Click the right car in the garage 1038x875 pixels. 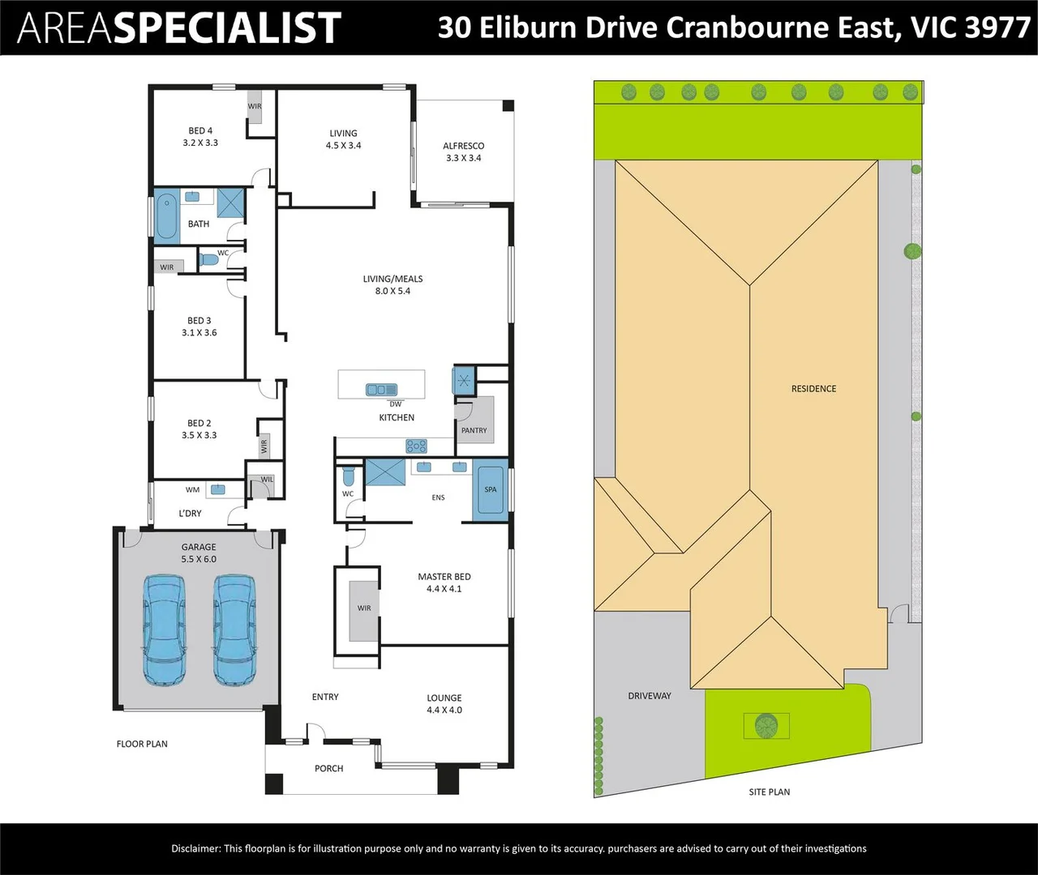click(234, 630)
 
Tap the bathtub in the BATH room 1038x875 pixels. click(167, 216)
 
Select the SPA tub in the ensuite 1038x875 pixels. click(490, 489)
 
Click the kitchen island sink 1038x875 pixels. click(380, 390)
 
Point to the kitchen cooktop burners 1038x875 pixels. click(416, 446)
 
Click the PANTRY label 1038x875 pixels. click(474, 430)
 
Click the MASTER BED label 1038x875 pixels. click(444, 577)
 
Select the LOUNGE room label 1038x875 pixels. click(444, 698)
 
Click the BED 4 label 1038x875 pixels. click(200, 130)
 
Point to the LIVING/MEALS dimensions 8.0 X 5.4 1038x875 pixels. click(392, 291)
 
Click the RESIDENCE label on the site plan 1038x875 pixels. click(813, 389)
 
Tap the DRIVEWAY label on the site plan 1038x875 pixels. click(650, 696)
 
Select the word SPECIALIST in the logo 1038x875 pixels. click(226, 28)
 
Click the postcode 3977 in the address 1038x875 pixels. click(997, 28)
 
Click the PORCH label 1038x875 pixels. click(329, 769)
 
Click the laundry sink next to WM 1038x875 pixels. click(217, 490)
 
